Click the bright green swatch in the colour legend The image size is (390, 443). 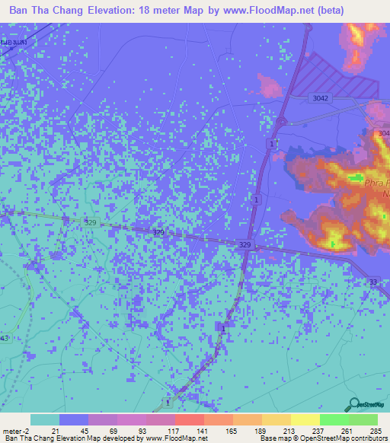click(334, 419)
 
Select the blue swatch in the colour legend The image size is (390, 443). click(74, 419)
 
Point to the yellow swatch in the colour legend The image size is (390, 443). click(305, 419)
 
